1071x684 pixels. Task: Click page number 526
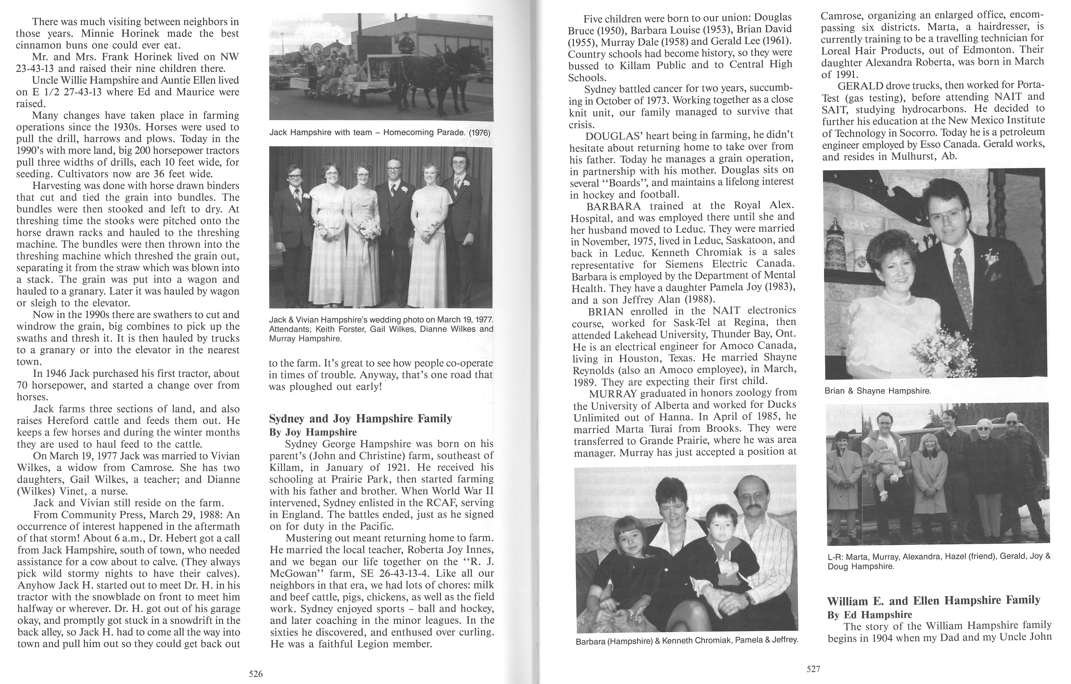[256, 674]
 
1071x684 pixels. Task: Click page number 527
[813, 669]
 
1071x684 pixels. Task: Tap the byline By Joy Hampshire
[313, 432]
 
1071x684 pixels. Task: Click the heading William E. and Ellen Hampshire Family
[933, 601]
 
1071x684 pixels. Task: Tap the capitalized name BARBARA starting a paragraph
[614, 206]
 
